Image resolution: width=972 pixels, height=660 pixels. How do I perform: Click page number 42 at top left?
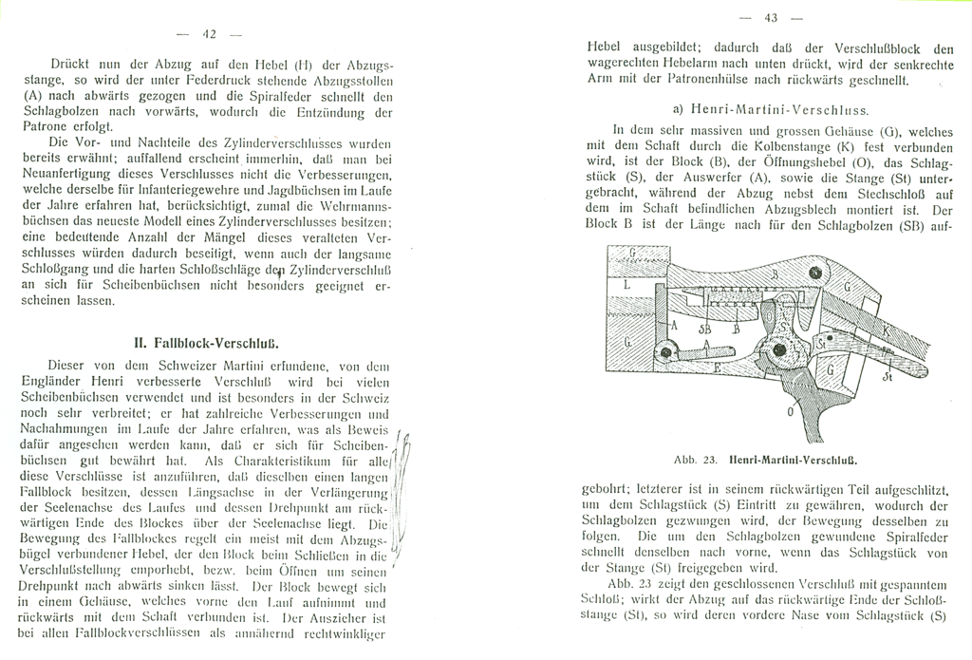210,34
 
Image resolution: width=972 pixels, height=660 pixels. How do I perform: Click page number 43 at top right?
771,18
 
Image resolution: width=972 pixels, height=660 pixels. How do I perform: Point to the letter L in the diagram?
627,284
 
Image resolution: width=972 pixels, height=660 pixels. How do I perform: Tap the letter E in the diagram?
717,366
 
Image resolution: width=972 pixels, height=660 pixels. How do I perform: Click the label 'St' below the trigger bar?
887,379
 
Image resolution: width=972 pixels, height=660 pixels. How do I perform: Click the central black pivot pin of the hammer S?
780,350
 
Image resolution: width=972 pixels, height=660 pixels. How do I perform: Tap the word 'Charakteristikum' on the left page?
303,461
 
